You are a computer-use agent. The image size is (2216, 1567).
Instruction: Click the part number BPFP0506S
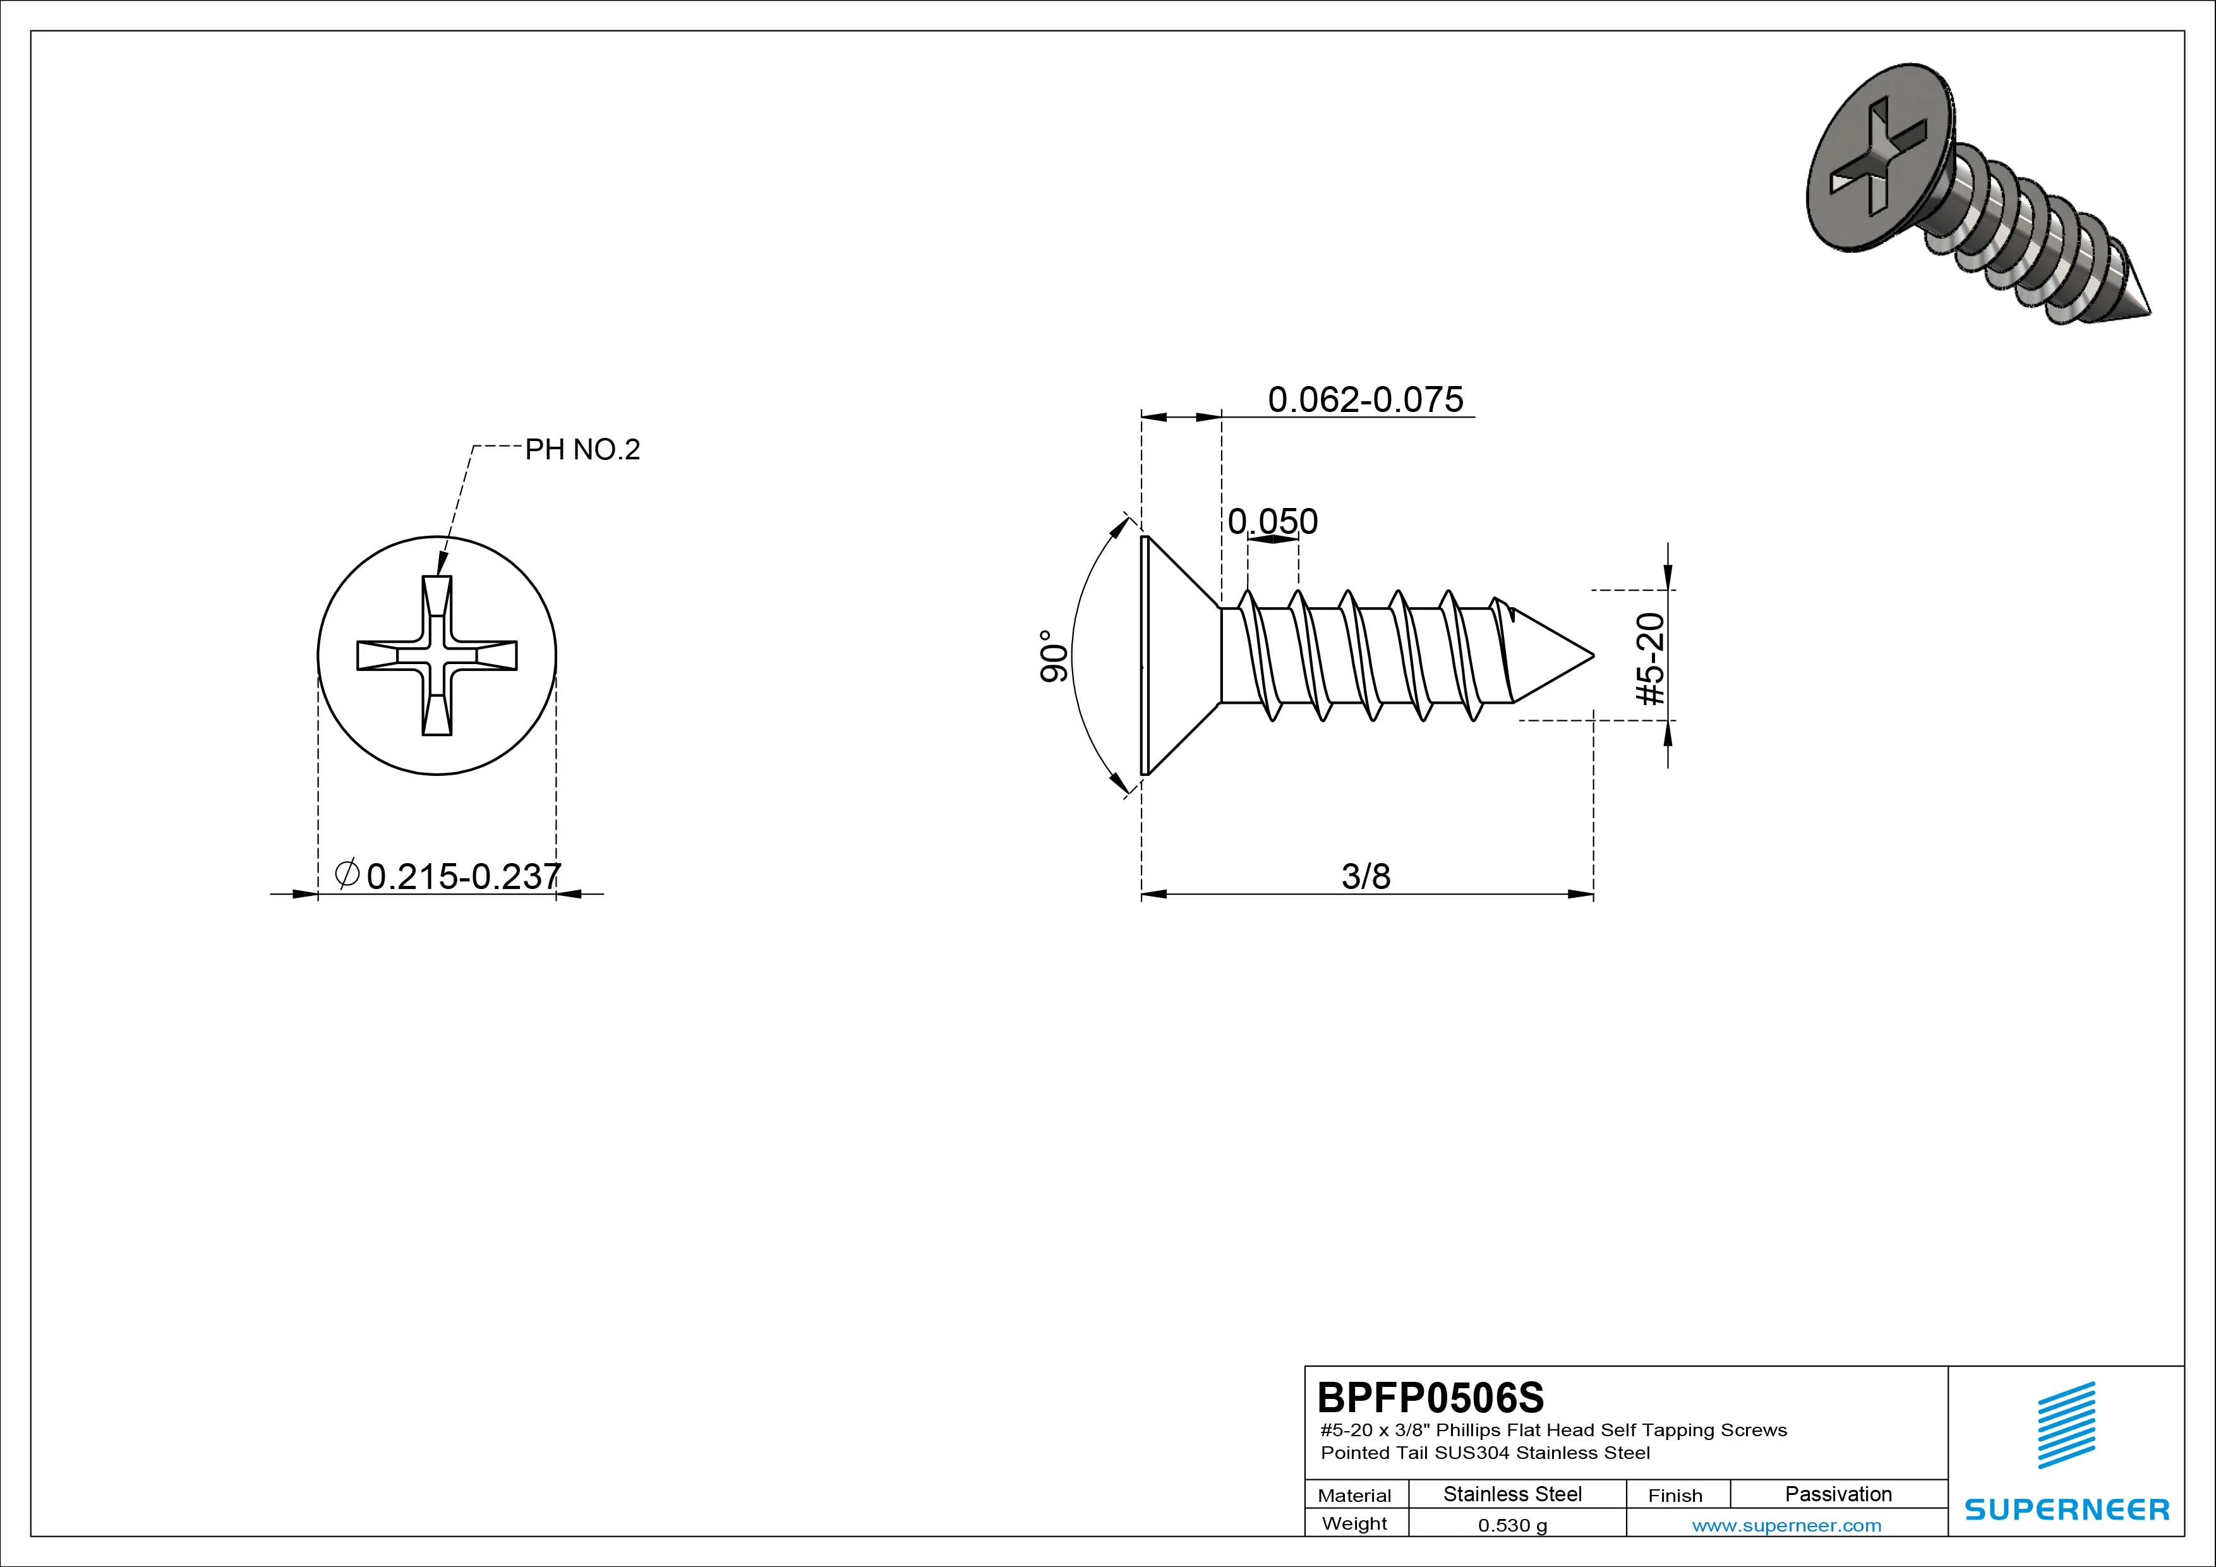[x=1430, y=1397]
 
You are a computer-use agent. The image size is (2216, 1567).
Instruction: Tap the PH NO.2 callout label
[x=582, y=450]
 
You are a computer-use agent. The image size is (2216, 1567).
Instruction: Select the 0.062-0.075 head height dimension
[x=1364, y=399]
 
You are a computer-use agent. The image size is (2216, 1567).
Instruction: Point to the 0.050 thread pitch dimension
[x=1272, y=521]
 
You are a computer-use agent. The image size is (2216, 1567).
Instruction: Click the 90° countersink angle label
[x=1054, y=656]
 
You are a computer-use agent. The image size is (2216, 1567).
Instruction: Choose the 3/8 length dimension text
[x=1366, y=876]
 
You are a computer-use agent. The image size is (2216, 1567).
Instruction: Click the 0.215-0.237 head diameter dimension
[x=463, y=876]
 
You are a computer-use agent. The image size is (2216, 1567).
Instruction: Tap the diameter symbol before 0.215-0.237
[x=347, y=874]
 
